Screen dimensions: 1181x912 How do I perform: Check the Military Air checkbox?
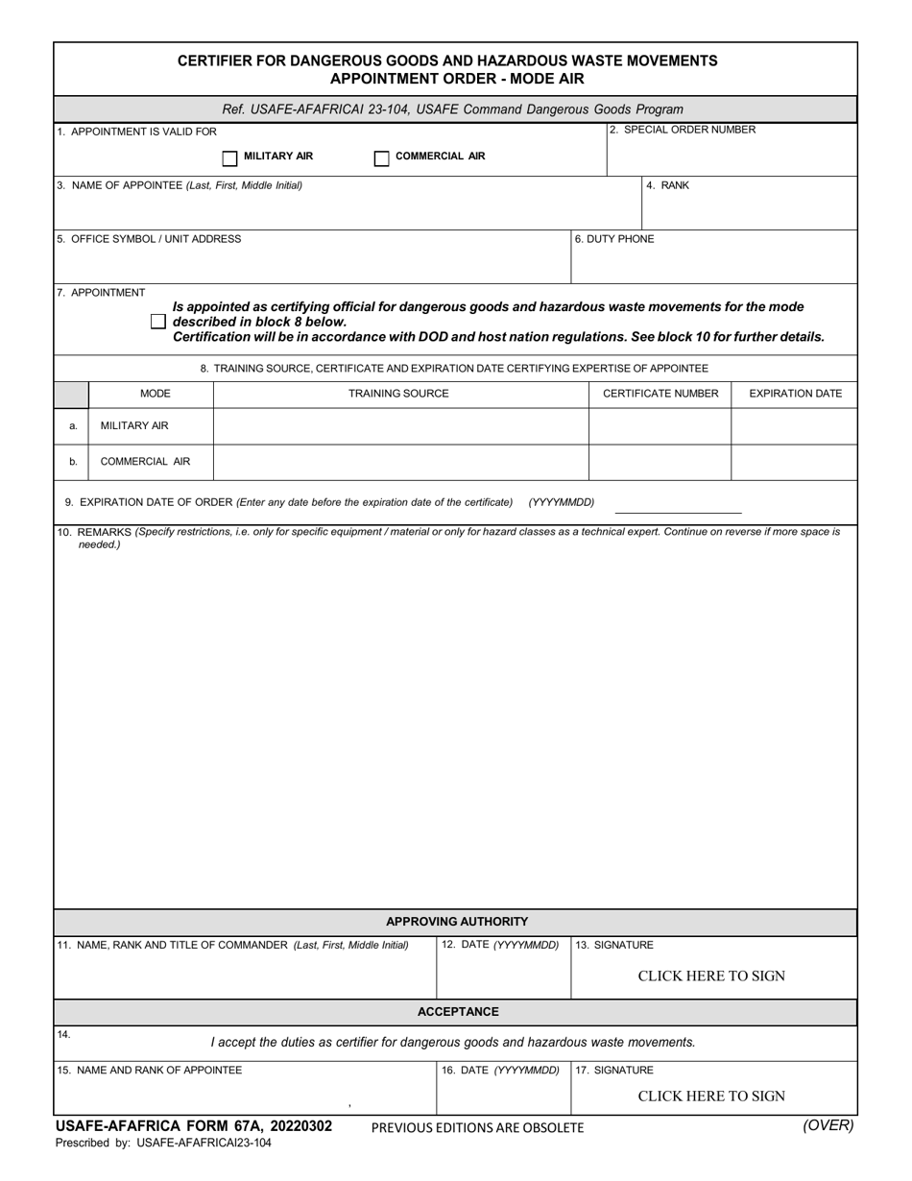tap(229, 158)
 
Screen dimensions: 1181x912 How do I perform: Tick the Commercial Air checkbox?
tap(381, 158)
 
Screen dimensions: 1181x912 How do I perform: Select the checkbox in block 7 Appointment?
tap(158, 322)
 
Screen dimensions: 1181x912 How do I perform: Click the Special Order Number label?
tap(683, 130)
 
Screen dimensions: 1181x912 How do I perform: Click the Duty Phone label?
tap(614, 239)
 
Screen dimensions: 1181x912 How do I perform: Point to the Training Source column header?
tap(398, 394)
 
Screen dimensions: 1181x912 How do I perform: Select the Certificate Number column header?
tap(660, 394)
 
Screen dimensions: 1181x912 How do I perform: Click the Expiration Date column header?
tap(795, 394)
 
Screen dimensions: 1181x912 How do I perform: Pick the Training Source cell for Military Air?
tap(400, 426)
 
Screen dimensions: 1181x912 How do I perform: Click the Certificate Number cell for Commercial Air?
tap(660, 462)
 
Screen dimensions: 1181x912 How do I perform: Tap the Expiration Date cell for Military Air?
tap(794, 426)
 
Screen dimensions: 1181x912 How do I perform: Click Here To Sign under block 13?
tap(711, 976)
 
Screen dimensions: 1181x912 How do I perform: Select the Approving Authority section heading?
tap(457, 922)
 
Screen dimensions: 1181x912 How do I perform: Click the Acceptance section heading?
tap(458, 1012)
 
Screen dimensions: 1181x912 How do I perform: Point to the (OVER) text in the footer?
tap(828, 1126)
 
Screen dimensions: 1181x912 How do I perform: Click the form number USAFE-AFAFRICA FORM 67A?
tap(194, 1126)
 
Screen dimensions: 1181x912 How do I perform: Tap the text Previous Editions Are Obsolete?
tap(477, 1127)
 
